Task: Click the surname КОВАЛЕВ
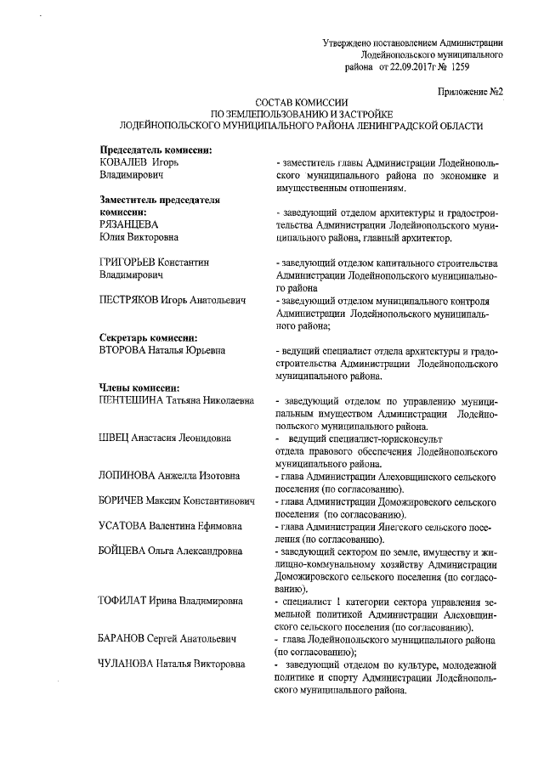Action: [x=119, y=162]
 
